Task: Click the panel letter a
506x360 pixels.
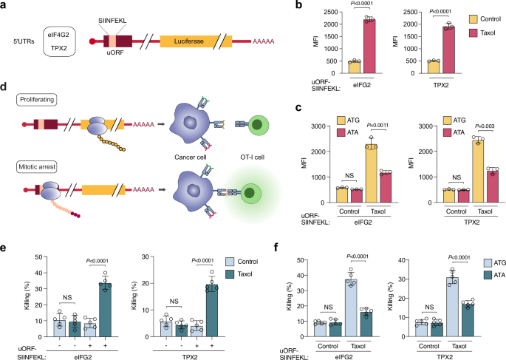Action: point(5,7)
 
